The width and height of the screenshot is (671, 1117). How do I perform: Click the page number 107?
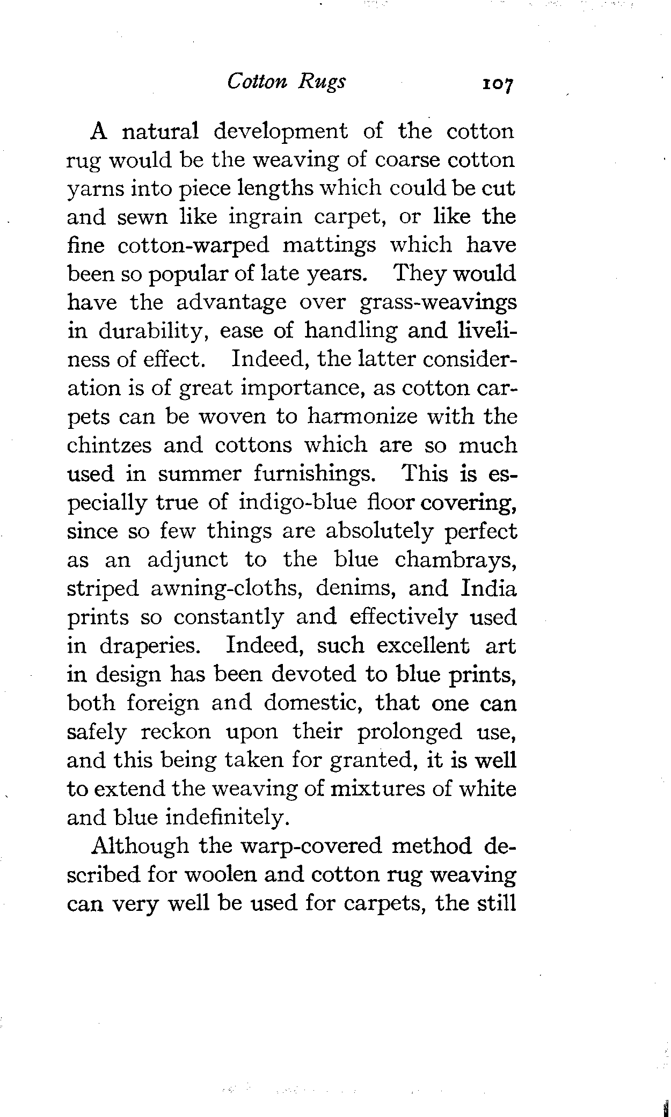pyautogui.click(x=498, y=84)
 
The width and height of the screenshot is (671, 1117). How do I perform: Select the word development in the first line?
pyautogui.click(x=280, y=132)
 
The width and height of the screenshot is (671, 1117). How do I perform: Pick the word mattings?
pyautogui.click(x=329, y=246)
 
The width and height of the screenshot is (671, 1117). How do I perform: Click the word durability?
pyautogui.click(x=155, y=331)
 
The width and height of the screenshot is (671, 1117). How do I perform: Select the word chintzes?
pyautogui.click(x=108, y=446)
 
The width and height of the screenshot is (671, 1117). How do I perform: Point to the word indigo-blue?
pyautogui.click(x=297, y=503)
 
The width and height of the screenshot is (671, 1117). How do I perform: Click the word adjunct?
pyautogui.click(x=187, y=560)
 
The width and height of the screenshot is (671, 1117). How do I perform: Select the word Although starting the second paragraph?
pyautogui.click(x=141, y=846)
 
